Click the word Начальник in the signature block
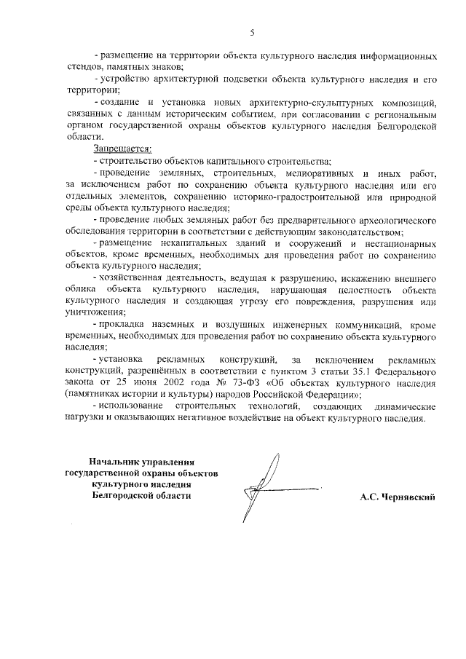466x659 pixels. tap(114, 462)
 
